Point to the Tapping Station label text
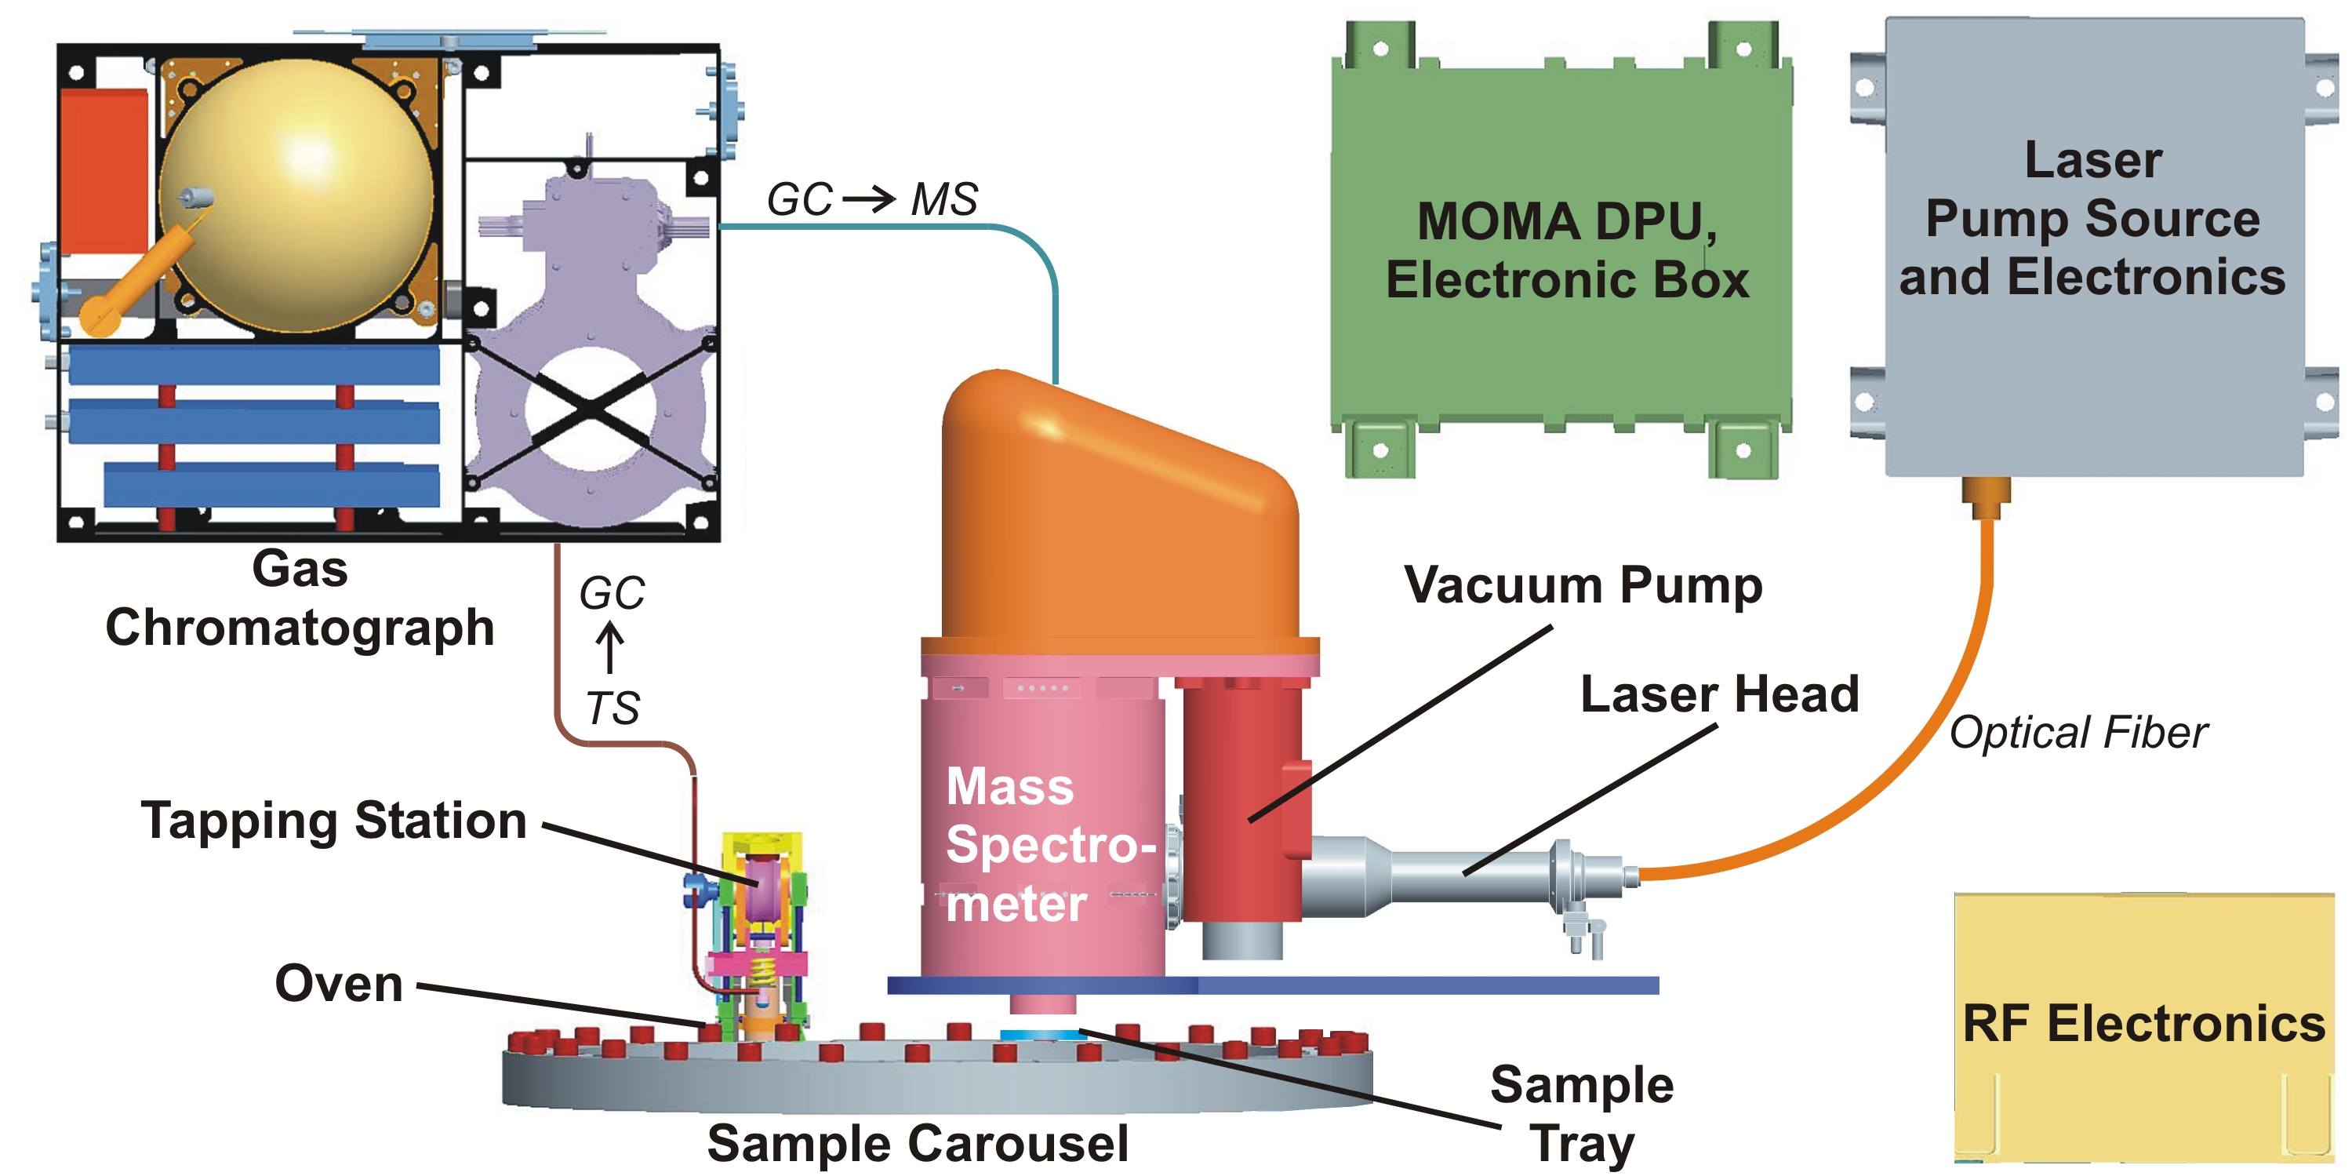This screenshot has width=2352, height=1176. [334, 820]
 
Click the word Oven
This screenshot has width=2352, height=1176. [339, 985]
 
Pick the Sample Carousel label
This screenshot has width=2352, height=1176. [918, 1143]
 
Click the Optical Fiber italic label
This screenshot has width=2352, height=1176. [2078, 732]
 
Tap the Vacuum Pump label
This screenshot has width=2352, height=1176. [1583, 585]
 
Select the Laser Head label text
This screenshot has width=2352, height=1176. [1719, 694]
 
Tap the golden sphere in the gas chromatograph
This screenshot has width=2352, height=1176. [296, 196]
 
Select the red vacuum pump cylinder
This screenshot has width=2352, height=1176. [1241, 803]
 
